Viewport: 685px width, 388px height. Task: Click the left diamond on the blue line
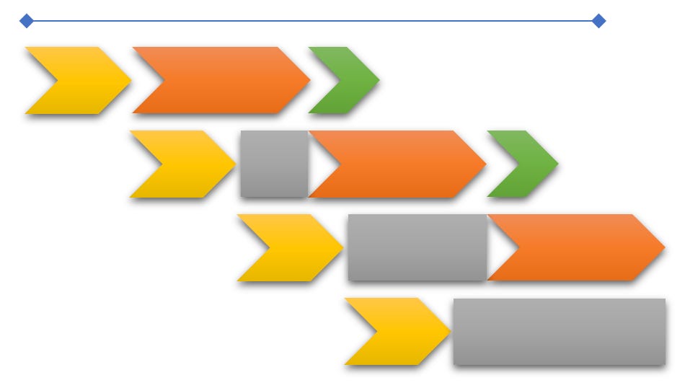click(27, 21)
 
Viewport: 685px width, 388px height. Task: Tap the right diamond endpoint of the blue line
click(598, 21)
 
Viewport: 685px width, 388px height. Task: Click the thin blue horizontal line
click(310, 21)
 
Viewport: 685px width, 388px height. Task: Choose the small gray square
click(274, 164)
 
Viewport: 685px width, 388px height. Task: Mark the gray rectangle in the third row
click(417, 247)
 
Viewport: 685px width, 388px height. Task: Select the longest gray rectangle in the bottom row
click(559, 331)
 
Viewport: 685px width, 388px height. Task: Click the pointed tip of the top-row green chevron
click(378, 80)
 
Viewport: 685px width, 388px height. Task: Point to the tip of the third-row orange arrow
click(663, 247)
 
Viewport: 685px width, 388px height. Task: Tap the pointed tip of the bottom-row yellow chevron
click(449, 331)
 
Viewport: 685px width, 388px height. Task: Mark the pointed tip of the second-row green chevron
click(557, 164)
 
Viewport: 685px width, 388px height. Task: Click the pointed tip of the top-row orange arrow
click(309, 80)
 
